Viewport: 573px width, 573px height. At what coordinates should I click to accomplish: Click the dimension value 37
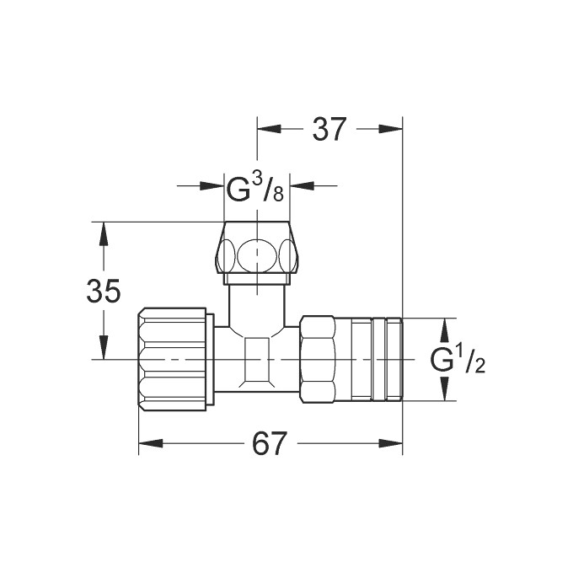(329, 129)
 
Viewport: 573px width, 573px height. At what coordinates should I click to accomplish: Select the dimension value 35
(104, 291)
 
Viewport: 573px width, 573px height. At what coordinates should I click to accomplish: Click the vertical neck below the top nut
(257, 303)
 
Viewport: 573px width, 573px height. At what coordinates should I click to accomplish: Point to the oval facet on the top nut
(257, 254)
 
